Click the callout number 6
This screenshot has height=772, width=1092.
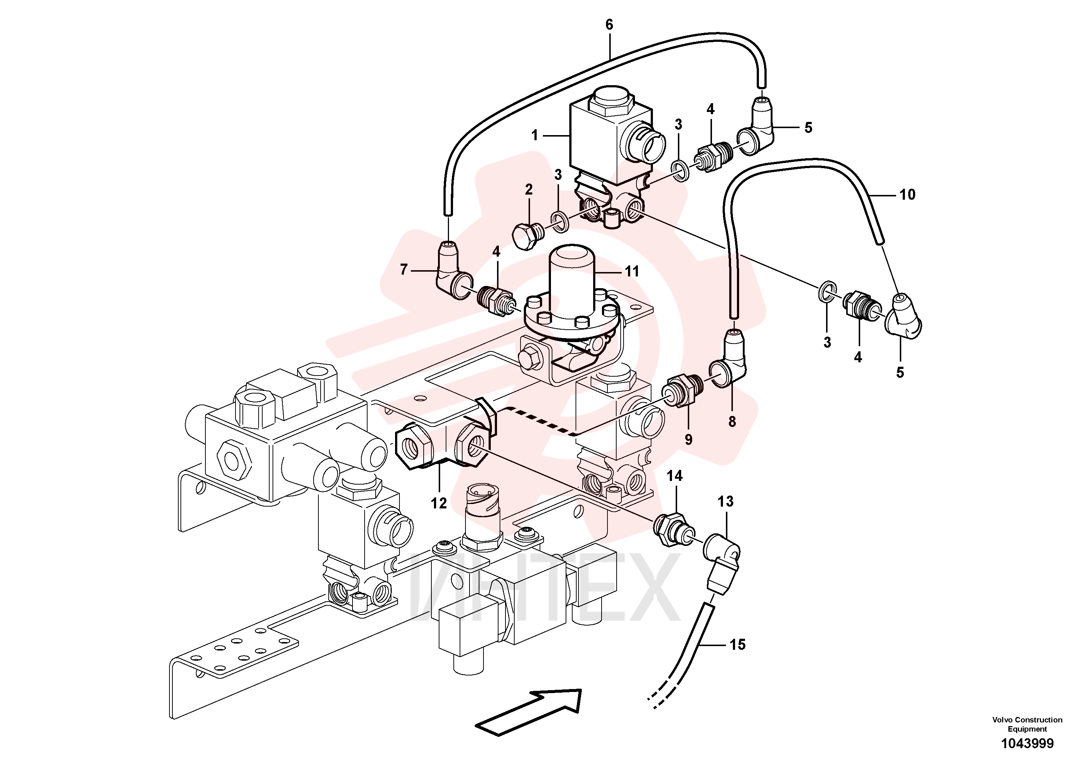(x=609, y=25)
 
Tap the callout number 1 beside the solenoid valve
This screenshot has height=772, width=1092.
(x=534, y=136)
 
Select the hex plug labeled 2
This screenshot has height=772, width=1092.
(x=526, y=235)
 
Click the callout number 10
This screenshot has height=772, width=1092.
(x=907, y=194)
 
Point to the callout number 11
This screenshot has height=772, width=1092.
(x=632, y=271)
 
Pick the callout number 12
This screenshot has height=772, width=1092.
(x=438, y=503)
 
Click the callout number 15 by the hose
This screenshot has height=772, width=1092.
(x=737, y=645)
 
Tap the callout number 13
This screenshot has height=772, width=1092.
(x=725, y=501)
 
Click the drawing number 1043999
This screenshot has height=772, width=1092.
(x=1027, y=757)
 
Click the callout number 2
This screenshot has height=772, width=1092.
(x=529, y=189)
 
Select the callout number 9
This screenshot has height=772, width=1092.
(x=688, y=440)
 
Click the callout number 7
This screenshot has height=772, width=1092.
(x=404, y=270)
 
